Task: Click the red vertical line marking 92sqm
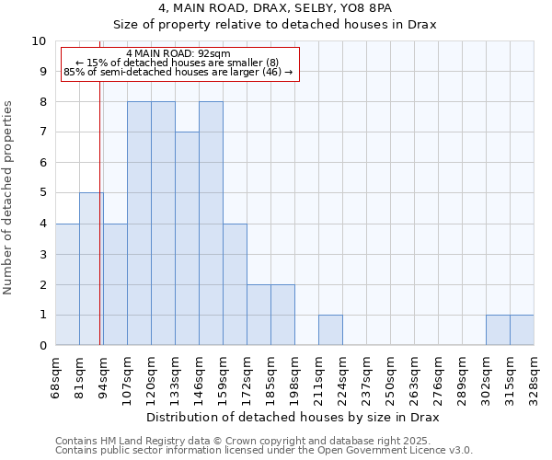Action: (x=99, y=230)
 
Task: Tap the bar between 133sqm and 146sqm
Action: (x=187, y=238)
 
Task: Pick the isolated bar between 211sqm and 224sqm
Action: (x=330, y=330)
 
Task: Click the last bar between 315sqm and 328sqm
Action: (x=522, y=330)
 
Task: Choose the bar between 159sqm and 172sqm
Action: (x=235, y=284)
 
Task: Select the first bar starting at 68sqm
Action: (x=67, y=284)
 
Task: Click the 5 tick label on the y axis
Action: (x=42, y=193)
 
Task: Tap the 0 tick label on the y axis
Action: (x=42, y=346)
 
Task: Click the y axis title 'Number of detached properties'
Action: (x=8, y=199)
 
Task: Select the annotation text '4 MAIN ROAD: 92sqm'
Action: (x=179, y=54)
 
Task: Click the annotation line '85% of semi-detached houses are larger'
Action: (x=179, y=72)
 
